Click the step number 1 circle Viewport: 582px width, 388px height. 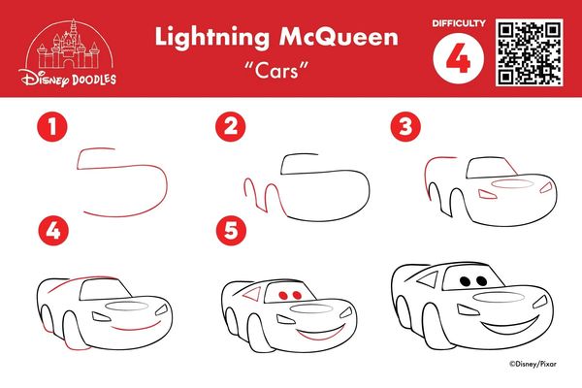(52, 127)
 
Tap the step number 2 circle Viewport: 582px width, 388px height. (231, 126)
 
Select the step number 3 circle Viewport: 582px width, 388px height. (405, 127)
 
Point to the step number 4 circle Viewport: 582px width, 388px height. (53, 231)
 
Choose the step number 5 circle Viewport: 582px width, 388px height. (231, 231)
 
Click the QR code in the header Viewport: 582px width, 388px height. (530, 52)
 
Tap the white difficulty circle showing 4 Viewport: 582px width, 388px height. (459, 58)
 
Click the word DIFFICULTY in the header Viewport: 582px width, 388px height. (459, 23)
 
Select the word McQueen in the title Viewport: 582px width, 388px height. (339, 37)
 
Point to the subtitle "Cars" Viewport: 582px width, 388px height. (276, 70)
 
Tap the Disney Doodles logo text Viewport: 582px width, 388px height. (69, 79)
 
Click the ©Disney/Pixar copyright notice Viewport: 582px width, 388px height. (533, 364)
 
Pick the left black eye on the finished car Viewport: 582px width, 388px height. (465, 281)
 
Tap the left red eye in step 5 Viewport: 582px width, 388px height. (283, 296)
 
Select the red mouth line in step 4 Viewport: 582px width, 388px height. (136, 328)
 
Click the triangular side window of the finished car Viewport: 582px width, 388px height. (429, 279)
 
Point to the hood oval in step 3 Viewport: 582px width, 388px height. (512, 183)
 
